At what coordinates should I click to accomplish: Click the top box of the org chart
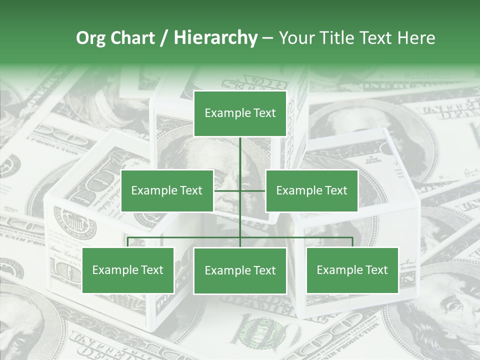coord(240,113)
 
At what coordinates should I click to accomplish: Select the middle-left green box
coord(167,190)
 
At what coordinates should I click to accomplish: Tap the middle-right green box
coord(311,190)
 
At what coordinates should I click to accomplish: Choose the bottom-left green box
coord(128,270)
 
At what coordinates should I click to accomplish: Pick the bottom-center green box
coord(240,270)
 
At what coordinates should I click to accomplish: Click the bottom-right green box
coord(352,270)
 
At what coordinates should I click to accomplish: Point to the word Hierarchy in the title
coord(215,38)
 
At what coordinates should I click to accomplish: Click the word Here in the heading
coord(416,38)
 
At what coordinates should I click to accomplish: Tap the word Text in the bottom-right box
coord(376,270)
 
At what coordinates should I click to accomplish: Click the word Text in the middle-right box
coord(335,190)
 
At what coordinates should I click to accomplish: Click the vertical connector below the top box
coord(240,152)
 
